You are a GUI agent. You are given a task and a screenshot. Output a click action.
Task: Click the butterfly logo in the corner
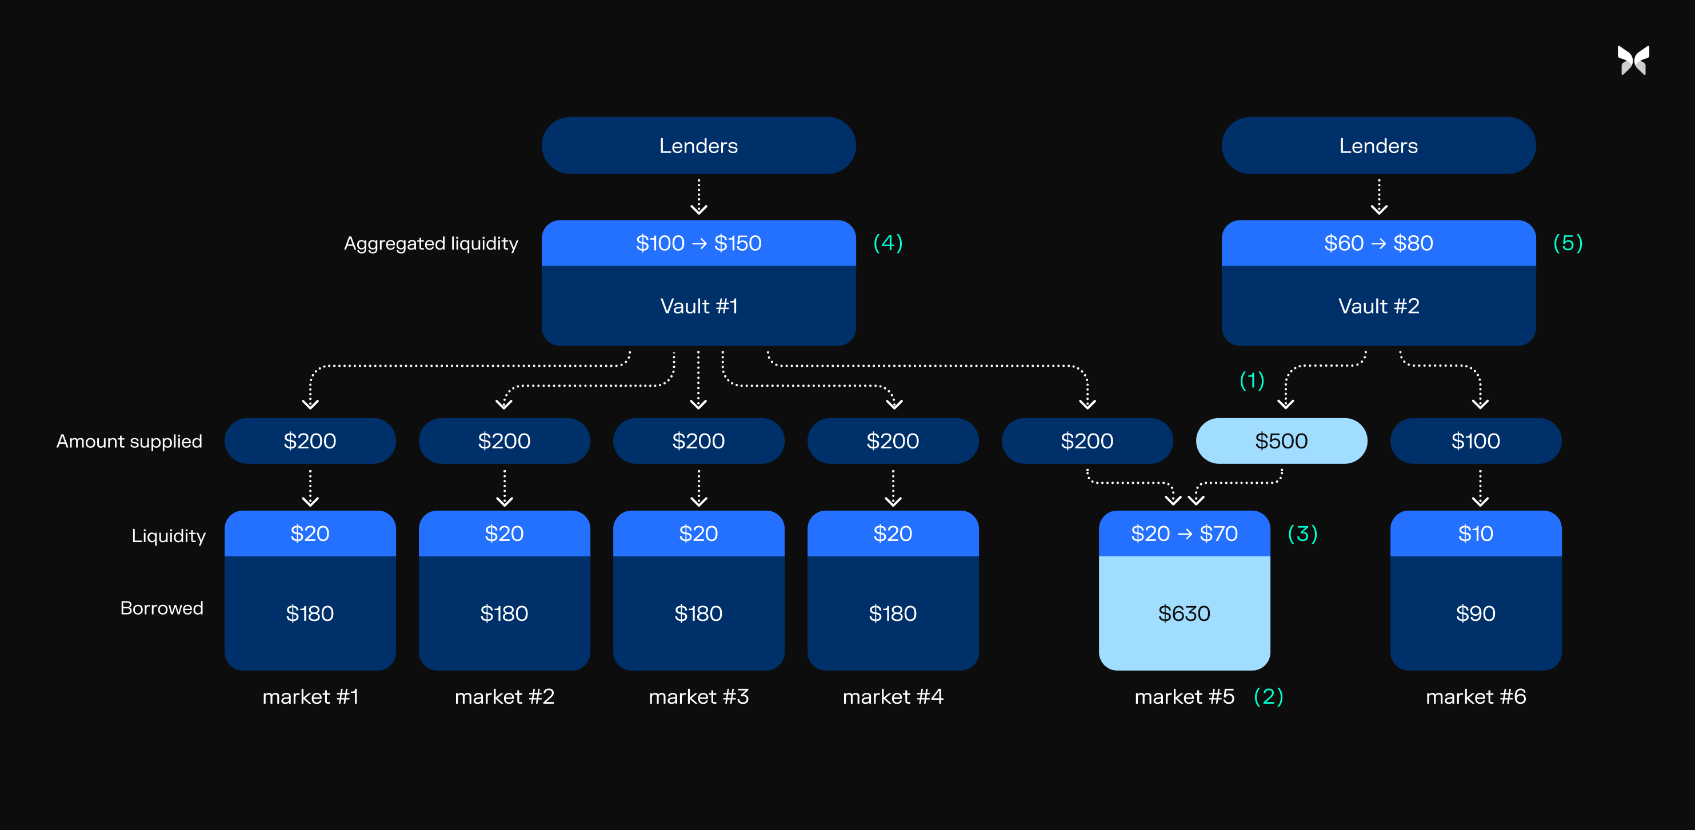tap(1633, 61)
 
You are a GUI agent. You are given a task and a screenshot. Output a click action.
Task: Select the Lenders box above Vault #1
tap(698, 145)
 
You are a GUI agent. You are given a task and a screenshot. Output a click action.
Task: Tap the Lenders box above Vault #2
tap(1378, 145)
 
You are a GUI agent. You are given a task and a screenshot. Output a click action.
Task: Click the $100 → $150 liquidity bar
tap(698, 243)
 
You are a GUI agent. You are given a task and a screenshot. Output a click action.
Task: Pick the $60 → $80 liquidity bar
tap(1378, 243)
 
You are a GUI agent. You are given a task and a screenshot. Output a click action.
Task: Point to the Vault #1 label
tap(698, 306)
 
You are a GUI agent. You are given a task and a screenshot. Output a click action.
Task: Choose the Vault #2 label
tap(1378, 306)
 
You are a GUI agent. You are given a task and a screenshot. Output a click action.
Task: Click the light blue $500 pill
tap(1281, 440)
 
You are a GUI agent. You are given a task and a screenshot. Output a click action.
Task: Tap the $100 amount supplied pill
tap(1474, 440)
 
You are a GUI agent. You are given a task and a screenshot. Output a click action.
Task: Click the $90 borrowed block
tap(1474, 613)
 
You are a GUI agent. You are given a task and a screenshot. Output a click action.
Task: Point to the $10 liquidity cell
tap(1474, 534)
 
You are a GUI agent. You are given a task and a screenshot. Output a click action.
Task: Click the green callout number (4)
tap(888, 243)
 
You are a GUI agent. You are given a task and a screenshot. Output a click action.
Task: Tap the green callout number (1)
tap(1252, 380)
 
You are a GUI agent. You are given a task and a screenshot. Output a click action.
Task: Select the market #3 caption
tap(698, 696)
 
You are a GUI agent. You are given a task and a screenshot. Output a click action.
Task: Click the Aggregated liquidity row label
tap(431, 243)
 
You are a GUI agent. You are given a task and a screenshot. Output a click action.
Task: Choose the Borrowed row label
tap(162, 608)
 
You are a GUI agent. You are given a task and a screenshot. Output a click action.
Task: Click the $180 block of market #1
tap(310, 613)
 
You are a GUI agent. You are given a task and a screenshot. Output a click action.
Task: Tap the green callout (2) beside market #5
tap(1268, 696)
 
